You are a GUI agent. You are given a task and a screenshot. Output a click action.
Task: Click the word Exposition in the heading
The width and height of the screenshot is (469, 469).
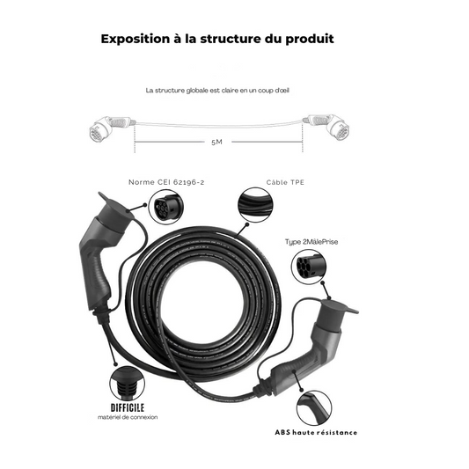136,40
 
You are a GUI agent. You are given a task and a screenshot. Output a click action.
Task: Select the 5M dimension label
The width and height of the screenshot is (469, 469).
216,142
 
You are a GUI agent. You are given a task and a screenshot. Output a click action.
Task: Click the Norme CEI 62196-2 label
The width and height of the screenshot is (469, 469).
166,182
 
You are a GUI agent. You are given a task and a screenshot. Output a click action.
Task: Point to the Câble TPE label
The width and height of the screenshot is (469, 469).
285,182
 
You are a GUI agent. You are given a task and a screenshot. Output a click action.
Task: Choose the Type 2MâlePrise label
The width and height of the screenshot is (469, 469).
311,242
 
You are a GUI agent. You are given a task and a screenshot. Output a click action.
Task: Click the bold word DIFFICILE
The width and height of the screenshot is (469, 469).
128,407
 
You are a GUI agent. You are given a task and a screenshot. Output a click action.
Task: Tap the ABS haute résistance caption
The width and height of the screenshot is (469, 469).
316,433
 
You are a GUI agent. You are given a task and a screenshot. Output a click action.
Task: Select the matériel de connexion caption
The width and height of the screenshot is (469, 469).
128,417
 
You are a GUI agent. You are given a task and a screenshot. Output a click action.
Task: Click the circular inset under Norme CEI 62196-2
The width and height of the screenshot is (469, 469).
166,207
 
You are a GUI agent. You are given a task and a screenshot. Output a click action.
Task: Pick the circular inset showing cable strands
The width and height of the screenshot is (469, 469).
255,205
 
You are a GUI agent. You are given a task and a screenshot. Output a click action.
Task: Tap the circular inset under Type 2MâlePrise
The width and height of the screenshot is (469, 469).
309,267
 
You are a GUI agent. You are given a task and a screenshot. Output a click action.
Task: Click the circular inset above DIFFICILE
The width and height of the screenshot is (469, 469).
127,384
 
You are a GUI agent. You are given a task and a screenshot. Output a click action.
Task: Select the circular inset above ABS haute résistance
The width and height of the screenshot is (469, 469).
314,407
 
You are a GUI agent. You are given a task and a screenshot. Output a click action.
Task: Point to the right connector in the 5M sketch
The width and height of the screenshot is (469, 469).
326,127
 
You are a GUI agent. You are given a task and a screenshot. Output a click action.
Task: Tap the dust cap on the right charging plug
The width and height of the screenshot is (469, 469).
340,308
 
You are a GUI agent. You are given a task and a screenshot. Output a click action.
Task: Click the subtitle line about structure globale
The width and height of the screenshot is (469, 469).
217,91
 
